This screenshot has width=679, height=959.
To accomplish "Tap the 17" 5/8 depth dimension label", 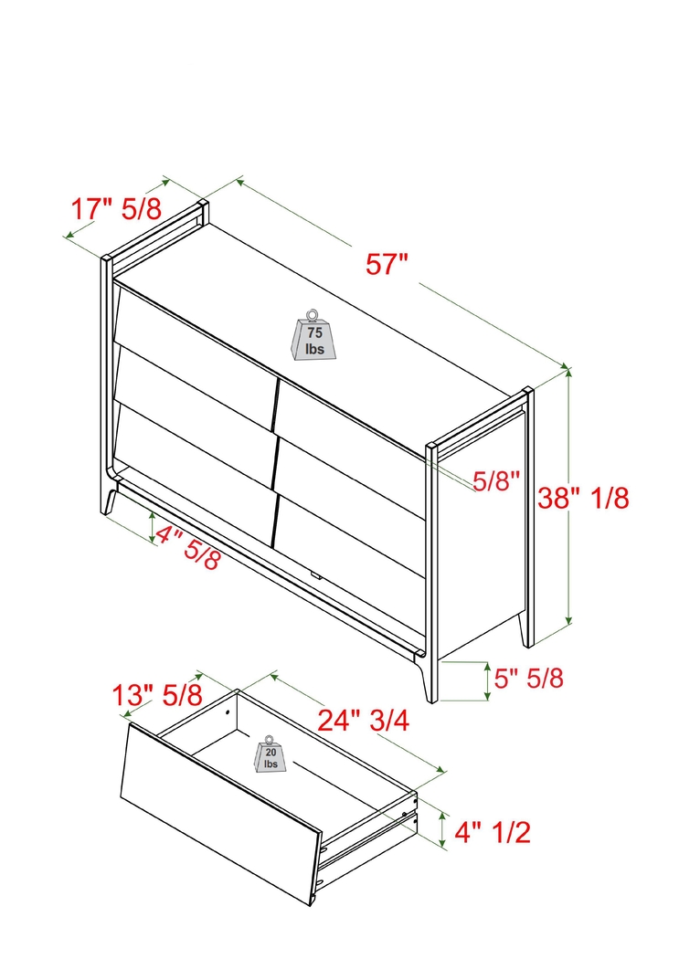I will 116,208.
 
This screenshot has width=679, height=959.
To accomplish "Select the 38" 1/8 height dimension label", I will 584,498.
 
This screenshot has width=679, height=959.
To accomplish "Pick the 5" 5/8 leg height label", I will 528,679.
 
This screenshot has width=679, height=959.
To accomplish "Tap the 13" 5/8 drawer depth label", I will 156,695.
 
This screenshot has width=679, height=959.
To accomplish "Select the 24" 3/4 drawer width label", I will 363,721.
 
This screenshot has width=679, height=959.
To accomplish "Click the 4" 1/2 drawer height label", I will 493,831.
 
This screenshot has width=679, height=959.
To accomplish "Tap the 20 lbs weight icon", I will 271,755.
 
